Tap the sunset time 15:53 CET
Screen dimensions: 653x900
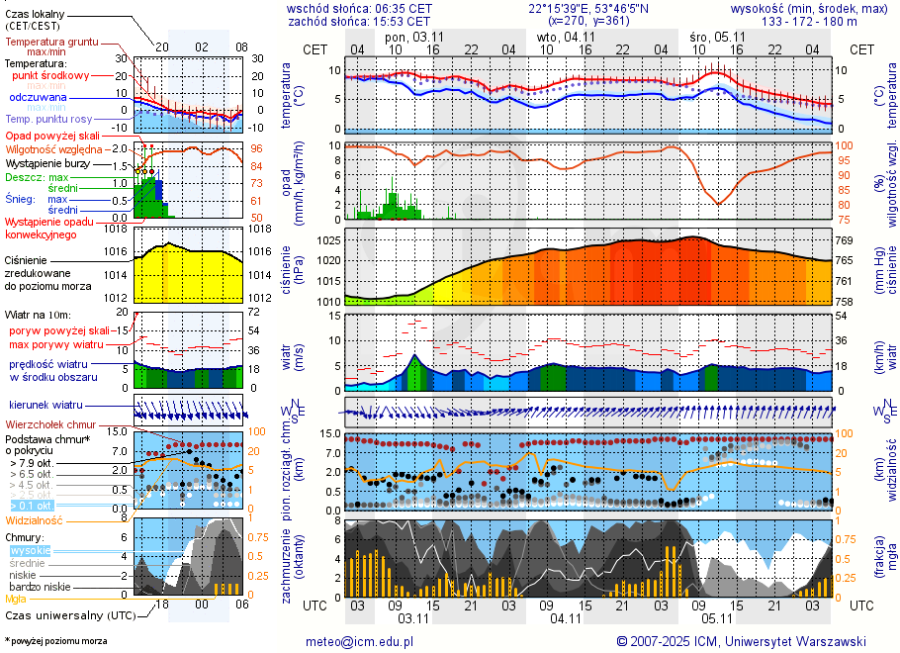tap(405, 21)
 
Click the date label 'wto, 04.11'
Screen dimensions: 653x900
tap(566, 37)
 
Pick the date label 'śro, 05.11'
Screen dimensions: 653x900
tap(717, 37)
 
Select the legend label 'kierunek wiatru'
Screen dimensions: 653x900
tap(45, 405)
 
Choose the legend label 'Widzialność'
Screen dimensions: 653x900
tap(35, 519)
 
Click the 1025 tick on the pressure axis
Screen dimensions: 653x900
tap(329, 240)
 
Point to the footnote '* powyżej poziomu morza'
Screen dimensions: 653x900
tap(55, 641)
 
